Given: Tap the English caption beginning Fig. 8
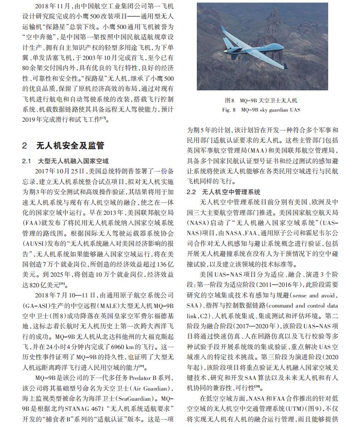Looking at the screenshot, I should pos(261,110).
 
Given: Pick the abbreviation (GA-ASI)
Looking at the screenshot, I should pos(37,306).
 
